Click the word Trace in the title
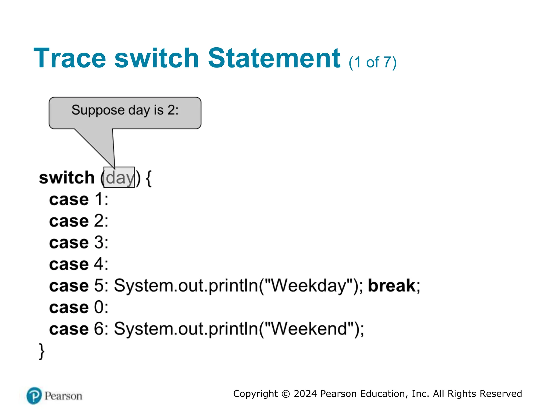click(70, 58)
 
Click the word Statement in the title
click(274, 58)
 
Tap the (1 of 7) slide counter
click(372, 62)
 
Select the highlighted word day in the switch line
click(119, 178)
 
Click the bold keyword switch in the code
click(67, 178)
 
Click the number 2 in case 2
click(99, 221)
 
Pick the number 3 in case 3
click(99, 243)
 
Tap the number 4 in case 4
click(99, 264)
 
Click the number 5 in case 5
click(99, 286)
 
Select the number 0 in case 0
click(99, 307)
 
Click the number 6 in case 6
click(99, 329)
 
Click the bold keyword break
click(392, 286)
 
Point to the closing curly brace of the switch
click(42, 351)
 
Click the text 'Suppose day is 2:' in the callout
click(125, 110)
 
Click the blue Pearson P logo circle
click(34, 396)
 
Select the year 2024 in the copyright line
click(305, 394)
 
